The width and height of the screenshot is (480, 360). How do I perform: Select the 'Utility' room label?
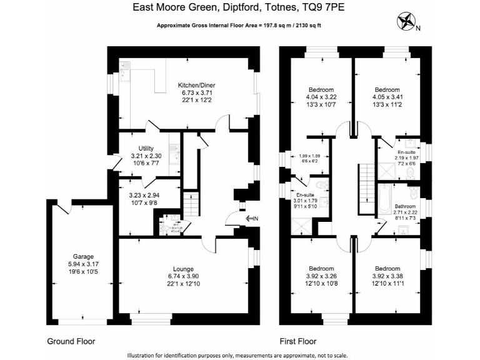pos(146,148)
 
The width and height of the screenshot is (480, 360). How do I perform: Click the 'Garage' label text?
pos(82,256)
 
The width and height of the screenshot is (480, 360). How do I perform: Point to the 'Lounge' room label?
pos(183,269)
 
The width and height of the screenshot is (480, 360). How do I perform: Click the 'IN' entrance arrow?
pos(252,218)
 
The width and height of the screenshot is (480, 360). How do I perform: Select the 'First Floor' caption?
pos(297,342)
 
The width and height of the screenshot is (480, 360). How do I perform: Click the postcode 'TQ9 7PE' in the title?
pos(324,8)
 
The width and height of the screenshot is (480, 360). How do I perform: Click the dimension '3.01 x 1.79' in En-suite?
pos(306,201)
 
